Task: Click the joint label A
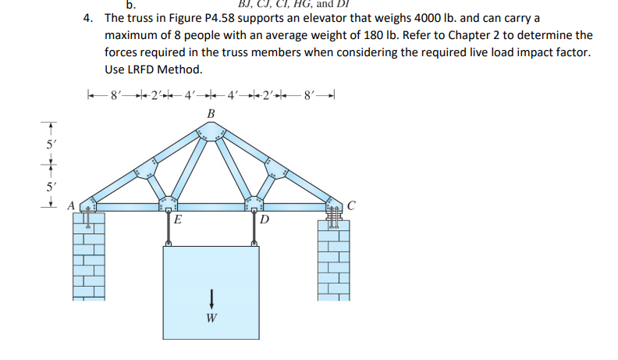click(69, 207)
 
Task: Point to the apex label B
click(209, 115)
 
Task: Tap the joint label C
click(351, 206)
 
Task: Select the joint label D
click(265, 220)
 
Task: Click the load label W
click(211, 318)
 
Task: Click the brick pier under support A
click(88, 258)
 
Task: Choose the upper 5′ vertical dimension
click(50, 145)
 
